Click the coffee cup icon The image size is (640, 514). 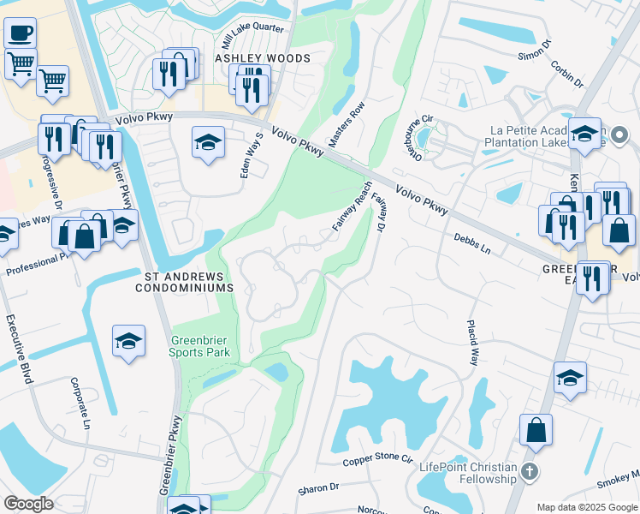click(x=20, y=33)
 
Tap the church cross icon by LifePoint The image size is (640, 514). click(x=530, y=472)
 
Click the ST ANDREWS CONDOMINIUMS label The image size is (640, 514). click(x=184, y=282)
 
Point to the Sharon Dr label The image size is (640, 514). click(x=318, y=489)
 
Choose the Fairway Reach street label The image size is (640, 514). click(x=352, y=206)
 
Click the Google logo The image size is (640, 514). click(x=29, y=503)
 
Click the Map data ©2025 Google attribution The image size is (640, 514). click(x=585, y=506)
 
